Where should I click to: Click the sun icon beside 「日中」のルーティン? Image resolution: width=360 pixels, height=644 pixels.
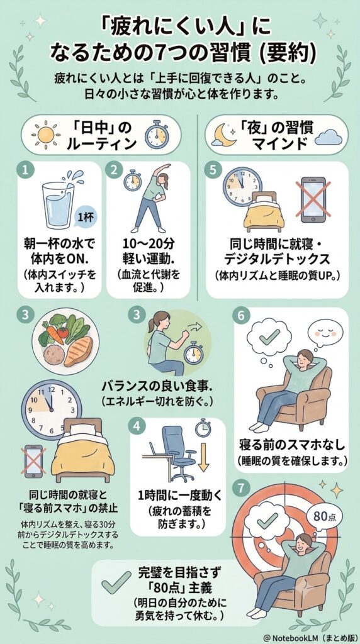pyautogui.click(x=45, y=135)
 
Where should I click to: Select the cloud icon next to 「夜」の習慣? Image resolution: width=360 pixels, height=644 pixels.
pyautogui.click(x=329, y=136)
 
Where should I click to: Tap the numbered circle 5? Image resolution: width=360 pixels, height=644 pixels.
pyautogui.click(x=213, y=170)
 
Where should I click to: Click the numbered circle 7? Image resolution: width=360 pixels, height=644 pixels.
pyautogui.click(x=241, y=487)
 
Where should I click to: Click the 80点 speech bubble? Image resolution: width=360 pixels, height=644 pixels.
pyautogui.click(x=324, y=516)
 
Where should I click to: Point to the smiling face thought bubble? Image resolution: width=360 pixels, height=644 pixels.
pyautogui.click(x=325, y=331)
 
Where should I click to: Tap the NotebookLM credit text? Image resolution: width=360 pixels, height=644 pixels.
pyautogui.click(x=310, y=637)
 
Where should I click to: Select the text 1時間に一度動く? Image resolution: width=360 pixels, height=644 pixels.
pyautogui.click(x=177, y=496)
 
